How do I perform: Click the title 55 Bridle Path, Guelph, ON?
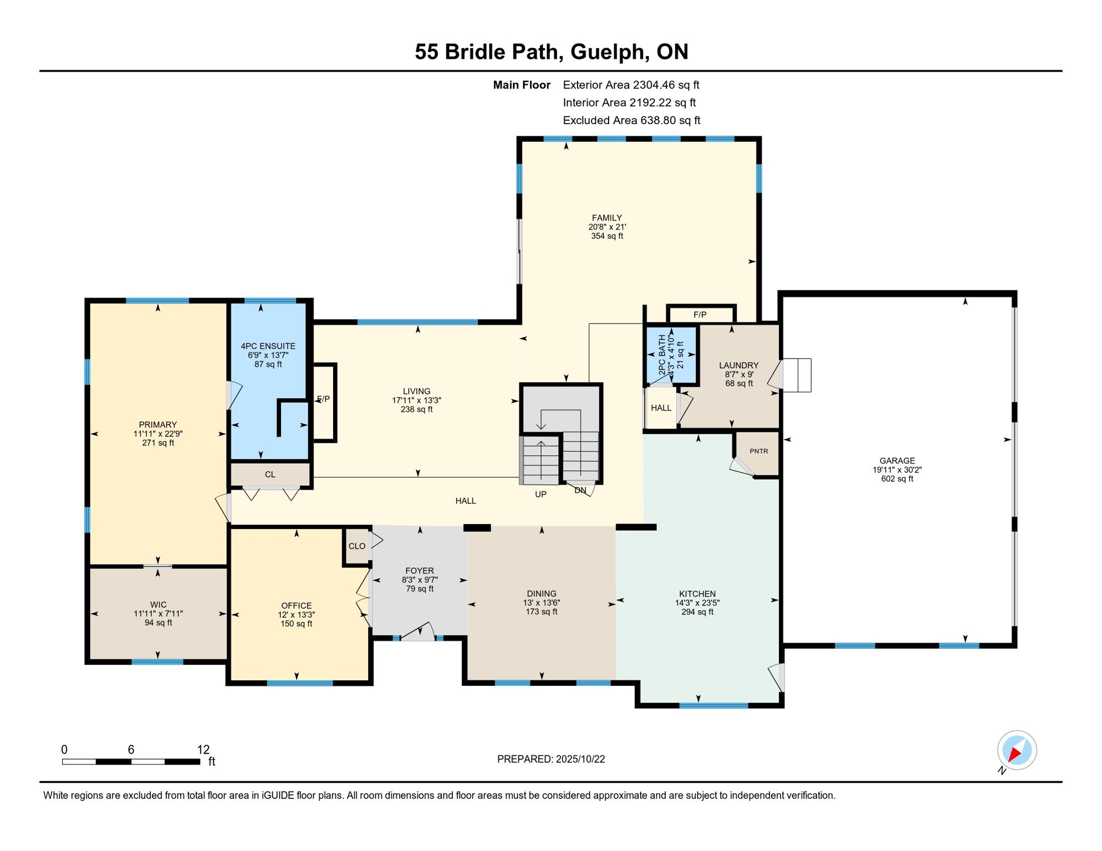(551, 52)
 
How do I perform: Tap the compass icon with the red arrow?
(1017, 750)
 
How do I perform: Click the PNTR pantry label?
(758, 451)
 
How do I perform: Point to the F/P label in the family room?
(700, 315)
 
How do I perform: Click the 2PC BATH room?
(671, 355)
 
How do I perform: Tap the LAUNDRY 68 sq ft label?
(738, 374)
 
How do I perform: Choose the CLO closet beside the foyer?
(356, 546)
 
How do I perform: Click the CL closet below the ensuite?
(270, 475)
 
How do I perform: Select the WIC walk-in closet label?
(158, 613)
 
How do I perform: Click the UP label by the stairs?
(540, 494)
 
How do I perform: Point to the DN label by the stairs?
(580, 491)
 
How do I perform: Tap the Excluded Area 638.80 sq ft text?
(631, 120)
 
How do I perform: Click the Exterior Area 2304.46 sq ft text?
(630, 85)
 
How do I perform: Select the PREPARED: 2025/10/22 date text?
(550, 759)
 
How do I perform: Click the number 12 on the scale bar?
(203, 750)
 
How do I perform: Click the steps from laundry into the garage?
(797, 375)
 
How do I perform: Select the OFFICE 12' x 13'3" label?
(297, 614)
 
